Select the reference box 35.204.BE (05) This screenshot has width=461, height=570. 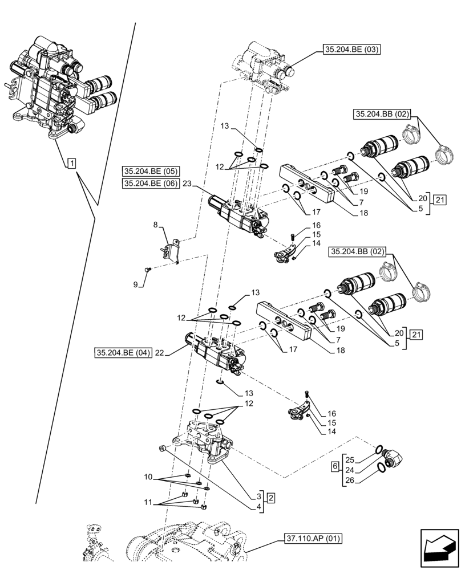pyautogui.click(x=151, y=171)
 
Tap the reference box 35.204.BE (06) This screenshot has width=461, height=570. pyautogui.click(x=151, y=183)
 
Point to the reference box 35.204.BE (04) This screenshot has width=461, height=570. pyautogui.click(x=123, y=353)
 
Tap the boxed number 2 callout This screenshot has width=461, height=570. pyautogui.click(x=271, y=498)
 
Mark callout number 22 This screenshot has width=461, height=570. pyautogui.click(x=160, y=353)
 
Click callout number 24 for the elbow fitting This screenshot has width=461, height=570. pyautogui.click(x=350, y=470)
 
